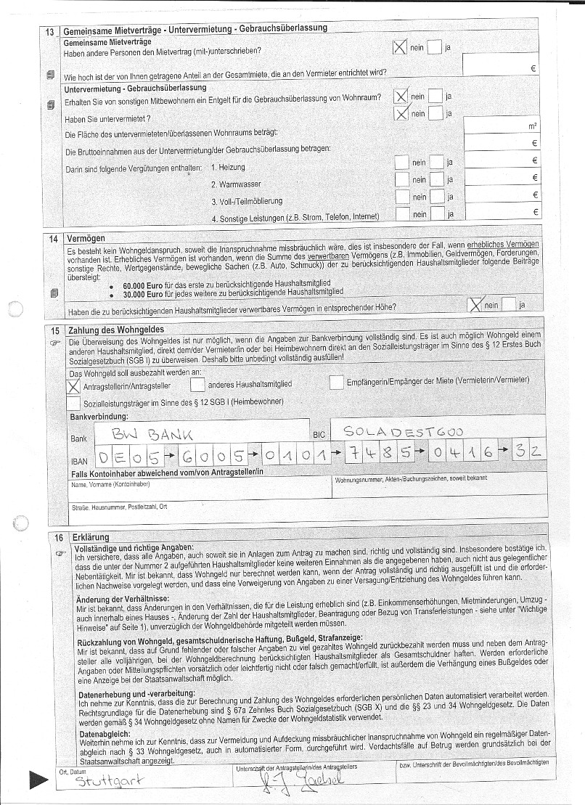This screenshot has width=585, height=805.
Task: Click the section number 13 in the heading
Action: pos(50,31)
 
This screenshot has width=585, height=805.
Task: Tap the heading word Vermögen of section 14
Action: pos(86,238)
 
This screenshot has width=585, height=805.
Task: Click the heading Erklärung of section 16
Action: pos(91,537)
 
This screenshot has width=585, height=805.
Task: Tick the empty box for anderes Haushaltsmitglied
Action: pos(197,383)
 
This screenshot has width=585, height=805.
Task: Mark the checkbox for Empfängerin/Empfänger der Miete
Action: pos(336,382)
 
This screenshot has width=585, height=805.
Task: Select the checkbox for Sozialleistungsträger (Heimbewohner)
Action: pos(73,402)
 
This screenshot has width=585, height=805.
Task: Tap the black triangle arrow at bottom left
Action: pos(38,782)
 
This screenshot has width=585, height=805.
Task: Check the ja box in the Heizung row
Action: pos(436,163)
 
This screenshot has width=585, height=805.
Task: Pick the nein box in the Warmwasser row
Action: pos(401,180)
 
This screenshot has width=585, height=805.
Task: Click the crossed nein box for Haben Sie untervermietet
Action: pos(401,113)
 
